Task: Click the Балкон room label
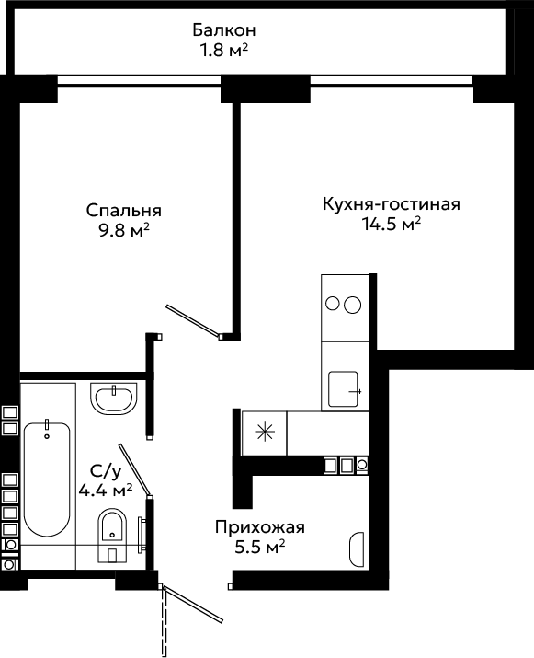point(224,30)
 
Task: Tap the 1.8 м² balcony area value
point(224,51)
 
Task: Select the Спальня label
point(124,211)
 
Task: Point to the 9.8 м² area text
point(124,230)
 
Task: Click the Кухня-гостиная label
point(392,204)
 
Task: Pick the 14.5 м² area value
point(392,225)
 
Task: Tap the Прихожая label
point(260,527)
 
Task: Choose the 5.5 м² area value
point(260,548)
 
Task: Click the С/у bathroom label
point(106,472)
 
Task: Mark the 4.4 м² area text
point(106,490)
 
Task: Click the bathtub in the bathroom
point(47,478)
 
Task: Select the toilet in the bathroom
point(112,536)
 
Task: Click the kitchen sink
point(344,389)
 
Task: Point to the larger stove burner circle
point(353,306)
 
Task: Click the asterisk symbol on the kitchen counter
point(265,432)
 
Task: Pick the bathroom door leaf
point(134,470)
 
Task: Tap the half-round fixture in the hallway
point(357,549)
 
